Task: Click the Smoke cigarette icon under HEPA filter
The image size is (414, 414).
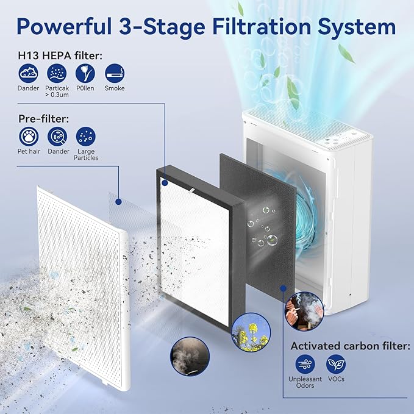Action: (x=115, y=73)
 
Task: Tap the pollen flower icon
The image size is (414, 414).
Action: (x=85, y=73)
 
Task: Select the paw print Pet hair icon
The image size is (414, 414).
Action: (x=29, y=137)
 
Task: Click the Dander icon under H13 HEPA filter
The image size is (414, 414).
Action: (x=28, y=73)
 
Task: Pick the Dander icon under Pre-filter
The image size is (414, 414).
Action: (x=57, y=137)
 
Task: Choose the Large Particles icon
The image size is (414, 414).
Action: (x=86, y=137)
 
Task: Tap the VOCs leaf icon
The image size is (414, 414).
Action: (x=336, y=364)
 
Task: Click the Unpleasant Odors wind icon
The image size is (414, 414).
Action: (x=305, y=364)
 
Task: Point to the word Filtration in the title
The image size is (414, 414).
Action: (x=262, y=27)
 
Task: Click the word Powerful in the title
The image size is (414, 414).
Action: (x=64, y=27)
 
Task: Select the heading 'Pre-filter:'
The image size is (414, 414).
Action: (x=43, y=119)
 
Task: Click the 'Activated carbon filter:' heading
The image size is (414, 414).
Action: (x=351, y=346)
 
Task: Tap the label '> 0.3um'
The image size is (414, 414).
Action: (x=57, y=95)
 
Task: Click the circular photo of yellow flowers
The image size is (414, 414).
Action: (x=251, y=332)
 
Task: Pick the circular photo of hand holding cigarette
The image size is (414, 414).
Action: (x=304, y=312)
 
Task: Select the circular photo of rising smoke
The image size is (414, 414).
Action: (x=190, y=357)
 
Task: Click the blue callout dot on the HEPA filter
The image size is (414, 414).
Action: (x=165, y=183)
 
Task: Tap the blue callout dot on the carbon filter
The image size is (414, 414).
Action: (x=284, y=288)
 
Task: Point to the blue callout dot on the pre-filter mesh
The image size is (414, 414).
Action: (x=118, y=202)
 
